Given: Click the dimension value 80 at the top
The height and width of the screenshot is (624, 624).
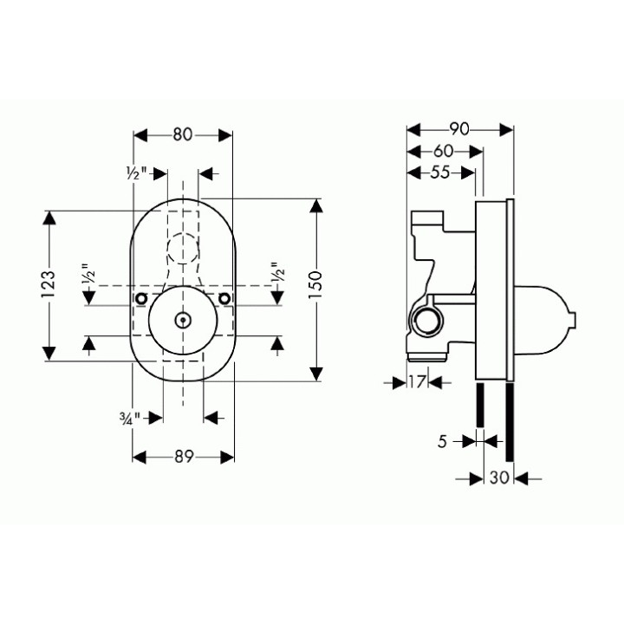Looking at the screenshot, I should point(182,134).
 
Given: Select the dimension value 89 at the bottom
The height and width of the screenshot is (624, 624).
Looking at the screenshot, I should point(182,457).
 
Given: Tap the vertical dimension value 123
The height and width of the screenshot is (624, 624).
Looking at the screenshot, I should point(49,284).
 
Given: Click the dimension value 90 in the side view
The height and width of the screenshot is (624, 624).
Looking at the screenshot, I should point(460,129).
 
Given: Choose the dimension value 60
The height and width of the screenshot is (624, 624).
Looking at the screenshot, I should point(445,151).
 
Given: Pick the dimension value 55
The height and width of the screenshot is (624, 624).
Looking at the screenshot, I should point(441,172).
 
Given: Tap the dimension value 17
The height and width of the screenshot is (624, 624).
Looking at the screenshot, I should point(417,381).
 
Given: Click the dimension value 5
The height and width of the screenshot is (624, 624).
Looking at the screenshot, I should point(442,441).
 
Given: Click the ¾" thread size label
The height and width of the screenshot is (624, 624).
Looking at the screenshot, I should point(130,418).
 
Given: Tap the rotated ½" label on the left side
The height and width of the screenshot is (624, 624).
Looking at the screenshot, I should point(88,276).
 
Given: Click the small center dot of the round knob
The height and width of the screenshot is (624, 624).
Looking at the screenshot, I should point(182,320).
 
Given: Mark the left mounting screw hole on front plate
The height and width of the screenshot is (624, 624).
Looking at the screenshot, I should point(139,299).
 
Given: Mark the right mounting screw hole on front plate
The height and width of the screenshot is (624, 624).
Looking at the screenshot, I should point(225,299).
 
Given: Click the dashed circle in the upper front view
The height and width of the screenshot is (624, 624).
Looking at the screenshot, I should point(182,250).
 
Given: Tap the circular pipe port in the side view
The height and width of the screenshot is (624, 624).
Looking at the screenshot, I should point(426,322).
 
